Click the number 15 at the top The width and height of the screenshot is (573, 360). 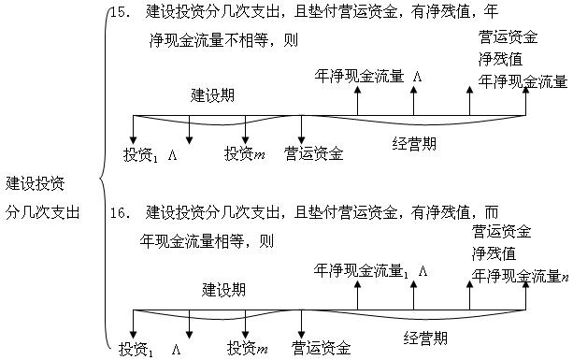click(x=117, y=13)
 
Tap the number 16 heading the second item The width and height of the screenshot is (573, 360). click(x=117, y=213)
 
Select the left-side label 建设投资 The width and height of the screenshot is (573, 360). click(x=35, y=182)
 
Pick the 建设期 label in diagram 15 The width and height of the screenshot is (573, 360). click(x=211, y=95)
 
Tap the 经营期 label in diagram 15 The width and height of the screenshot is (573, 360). click(x=414, y=143)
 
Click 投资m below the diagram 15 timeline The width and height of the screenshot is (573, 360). click(x=246, y=152)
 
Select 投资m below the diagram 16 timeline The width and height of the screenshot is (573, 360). click(x=248, y=349)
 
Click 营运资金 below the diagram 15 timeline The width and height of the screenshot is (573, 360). click(x=314, y=152)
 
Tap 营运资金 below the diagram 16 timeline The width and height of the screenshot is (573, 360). click(x=322, y=349)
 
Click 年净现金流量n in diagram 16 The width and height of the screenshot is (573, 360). click(x=520, y=275)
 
